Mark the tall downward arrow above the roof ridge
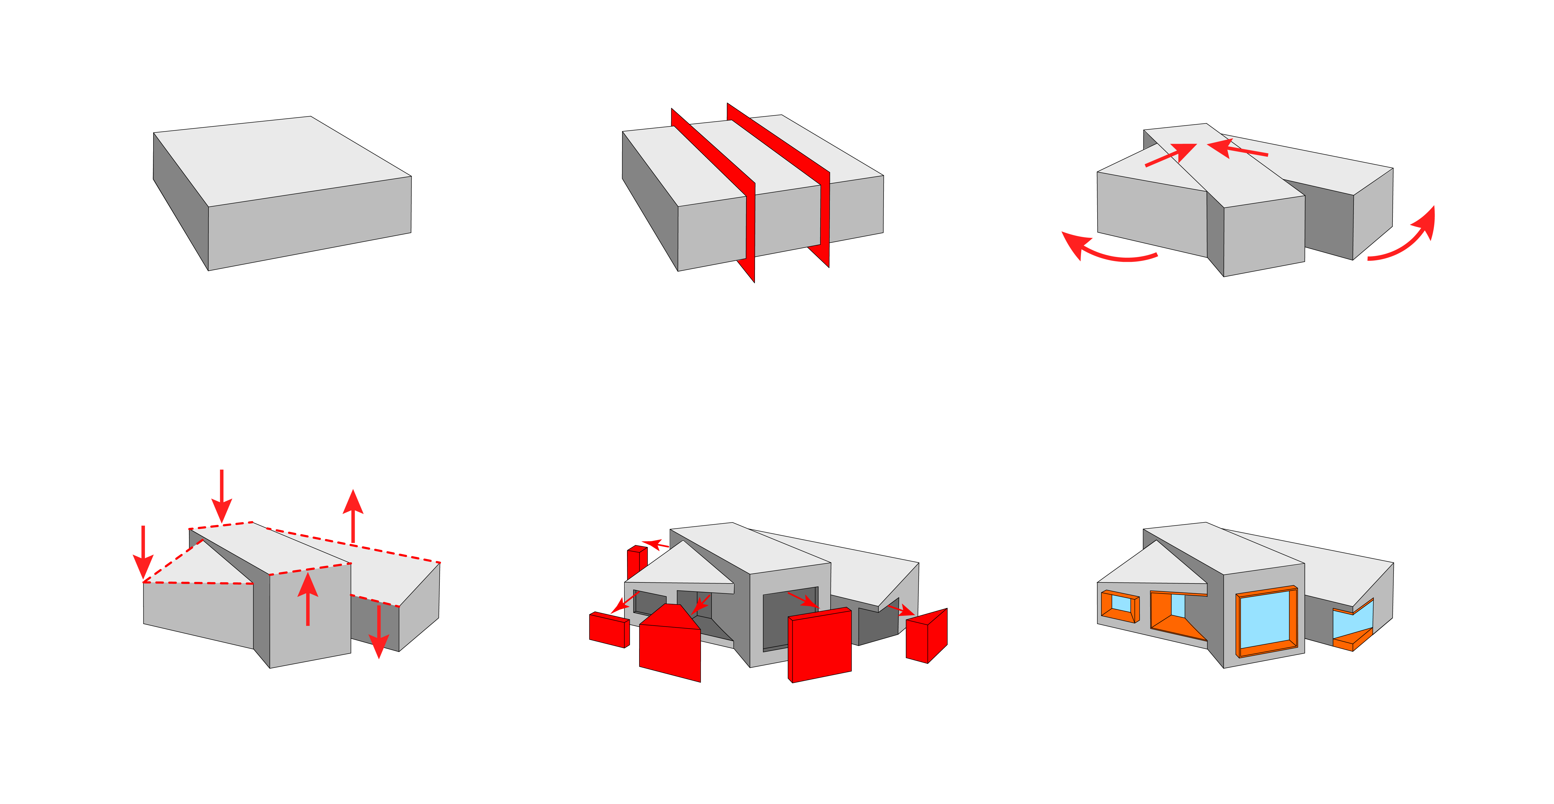point(222,495)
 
